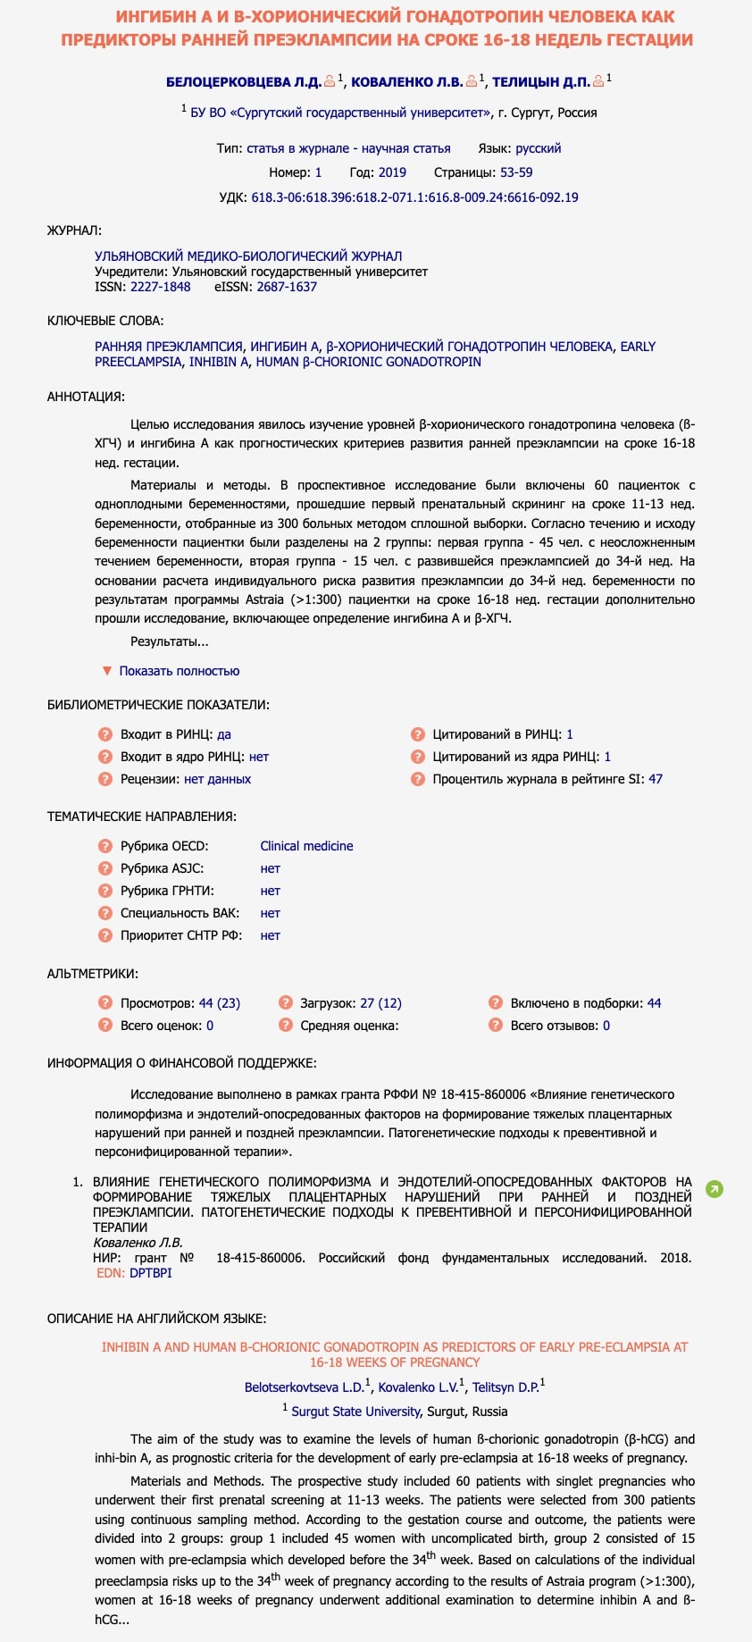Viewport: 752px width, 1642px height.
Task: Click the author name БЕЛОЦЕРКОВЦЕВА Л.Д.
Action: pos(243,82)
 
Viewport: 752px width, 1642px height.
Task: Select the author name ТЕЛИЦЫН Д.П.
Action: pos(540,82)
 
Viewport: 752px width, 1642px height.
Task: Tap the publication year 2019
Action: pos(391,172)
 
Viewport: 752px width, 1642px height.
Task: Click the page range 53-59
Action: pos(516,172)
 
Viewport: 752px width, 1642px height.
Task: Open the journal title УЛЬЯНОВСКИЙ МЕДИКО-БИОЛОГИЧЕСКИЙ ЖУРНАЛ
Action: pos(248,256)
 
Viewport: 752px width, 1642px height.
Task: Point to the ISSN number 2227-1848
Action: pos(161,287)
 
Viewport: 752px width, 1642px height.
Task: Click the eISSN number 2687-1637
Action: pos(287,287)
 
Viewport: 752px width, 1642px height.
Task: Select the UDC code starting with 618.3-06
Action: pos(414,197)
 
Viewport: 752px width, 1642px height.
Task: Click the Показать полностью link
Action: pos(179,671)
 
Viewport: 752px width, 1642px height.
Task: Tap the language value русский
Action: pos(538,148)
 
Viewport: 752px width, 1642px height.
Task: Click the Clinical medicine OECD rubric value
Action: pos(306,846)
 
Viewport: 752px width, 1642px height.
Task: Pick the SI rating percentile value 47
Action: pos(656,779)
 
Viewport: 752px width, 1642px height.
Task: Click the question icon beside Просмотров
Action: pos(105,1003)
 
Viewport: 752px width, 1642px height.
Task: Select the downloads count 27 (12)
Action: pos(380,1003)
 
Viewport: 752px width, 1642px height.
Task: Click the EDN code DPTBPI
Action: pos(150,1273)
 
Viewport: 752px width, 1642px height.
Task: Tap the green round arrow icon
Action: pos(714,1189)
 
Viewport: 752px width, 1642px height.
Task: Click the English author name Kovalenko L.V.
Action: pos(417,1387)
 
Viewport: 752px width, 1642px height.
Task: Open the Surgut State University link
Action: pos(355,1412)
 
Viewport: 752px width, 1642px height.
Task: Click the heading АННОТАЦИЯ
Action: pos(86,397)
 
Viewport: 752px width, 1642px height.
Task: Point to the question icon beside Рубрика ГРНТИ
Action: pos(105,891)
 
